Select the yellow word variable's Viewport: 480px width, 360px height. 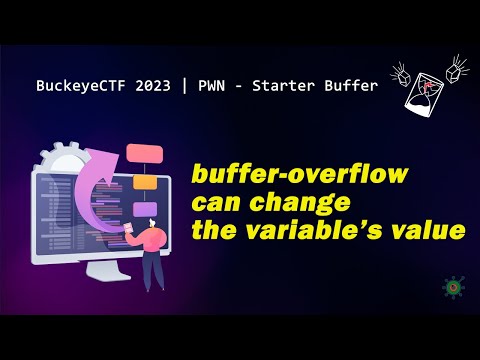(x=335, y=231)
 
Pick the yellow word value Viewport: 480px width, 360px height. (x=432, y=231)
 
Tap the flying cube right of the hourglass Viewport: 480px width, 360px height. (x=459, y=70)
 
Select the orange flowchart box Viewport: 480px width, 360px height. (x=147, y=184)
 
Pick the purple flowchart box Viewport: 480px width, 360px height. (x=145, y=209)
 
